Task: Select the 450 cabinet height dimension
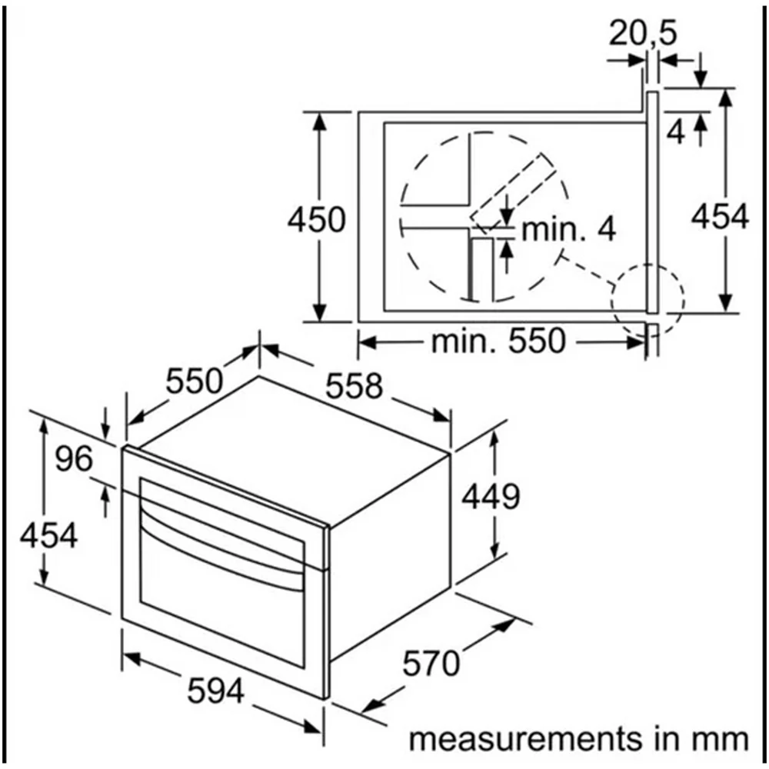click(x=316, y=220)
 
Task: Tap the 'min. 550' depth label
click(x=498, y=341)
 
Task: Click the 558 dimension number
click(x=354, y=386)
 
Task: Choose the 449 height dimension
click(x=491, y=497)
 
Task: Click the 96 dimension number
click(x=74, y=460)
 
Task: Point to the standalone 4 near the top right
click(x=676, y=133)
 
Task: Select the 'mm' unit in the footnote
click(x=721, y=739)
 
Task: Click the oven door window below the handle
click(x=223, y=600)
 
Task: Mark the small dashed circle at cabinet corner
click(x=647, y=299)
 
